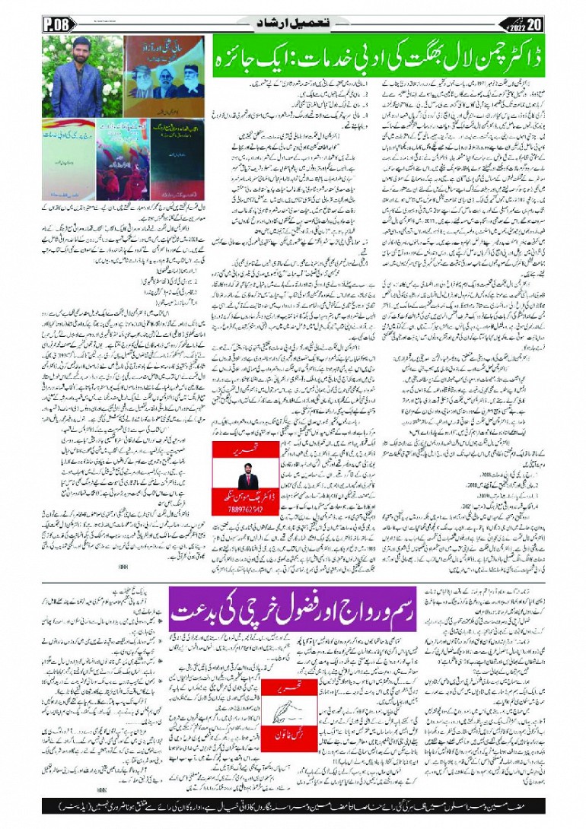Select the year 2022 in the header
(536, 23)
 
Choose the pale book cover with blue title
(68, 148)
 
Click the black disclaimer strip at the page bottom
(293, 804)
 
